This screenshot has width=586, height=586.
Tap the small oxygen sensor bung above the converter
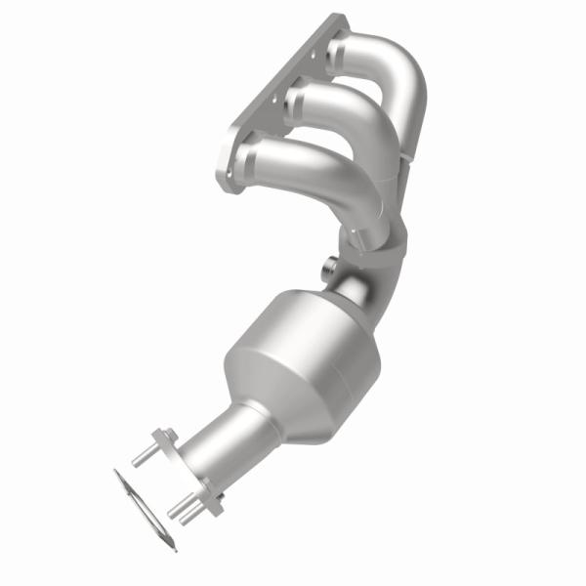point(327,265)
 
